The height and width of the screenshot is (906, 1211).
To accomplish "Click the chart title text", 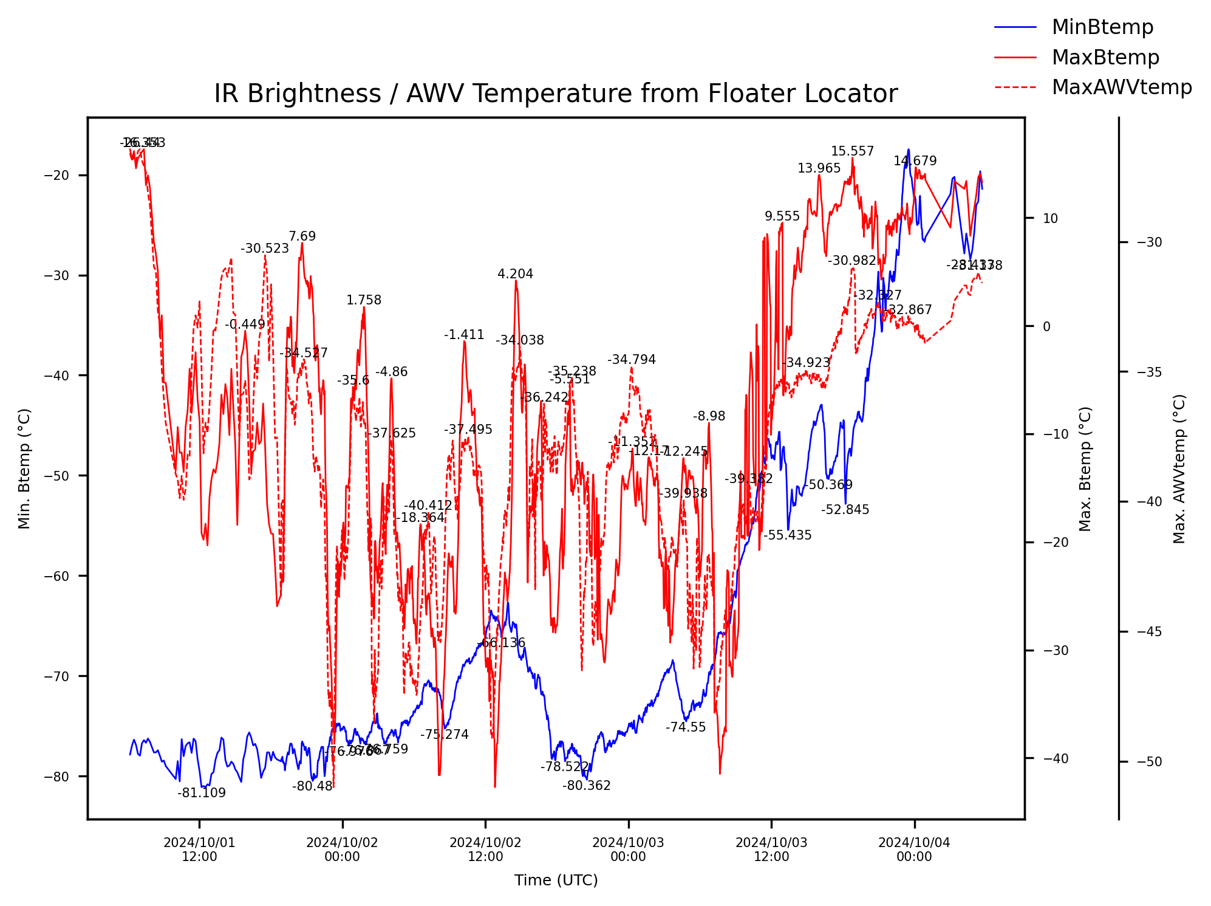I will tap(556, 94).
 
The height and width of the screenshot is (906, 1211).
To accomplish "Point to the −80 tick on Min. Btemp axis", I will tap(57, 777).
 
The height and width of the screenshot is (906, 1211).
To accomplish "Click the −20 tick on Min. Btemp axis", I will tap(57, 176).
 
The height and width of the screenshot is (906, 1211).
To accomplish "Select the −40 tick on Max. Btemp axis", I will tap(1056, 759).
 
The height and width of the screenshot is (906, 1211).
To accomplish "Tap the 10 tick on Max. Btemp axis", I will tap(1051, 219).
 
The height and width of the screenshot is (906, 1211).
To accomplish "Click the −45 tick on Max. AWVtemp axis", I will tap(1149, 632).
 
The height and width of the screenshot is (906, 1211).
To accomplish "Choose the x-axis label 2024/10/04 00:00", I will tap(914, 849).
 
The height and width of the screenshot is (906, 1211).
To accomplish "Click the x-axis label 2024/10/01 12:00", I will tap(199, 849).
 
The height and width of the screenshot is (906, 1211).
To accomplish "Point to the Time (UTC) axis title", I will tap(556, 880).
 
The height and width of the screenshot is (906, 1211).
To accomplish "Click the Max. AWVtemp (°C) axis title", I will tap(1179, 468).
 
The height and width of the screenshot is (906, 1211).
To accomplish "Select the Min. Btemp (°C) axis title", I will tap(24, 468).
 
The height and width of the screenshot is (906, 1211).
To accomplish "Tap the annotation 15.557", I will tap(852, 151).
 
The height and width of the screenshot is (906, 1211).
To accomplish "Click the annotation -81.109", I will tap(202, 793).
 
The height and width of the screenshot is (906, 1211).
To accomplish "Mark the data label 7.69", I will tap(302, 236).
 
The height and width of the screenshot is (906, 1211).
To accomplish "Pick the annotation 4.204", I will tap(515, 274).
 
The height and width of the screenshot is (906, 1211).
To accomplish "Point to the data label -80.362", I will tap(586, 786).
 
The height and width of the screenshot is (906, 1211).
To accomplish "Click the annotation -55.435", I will tap(787, 535).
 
